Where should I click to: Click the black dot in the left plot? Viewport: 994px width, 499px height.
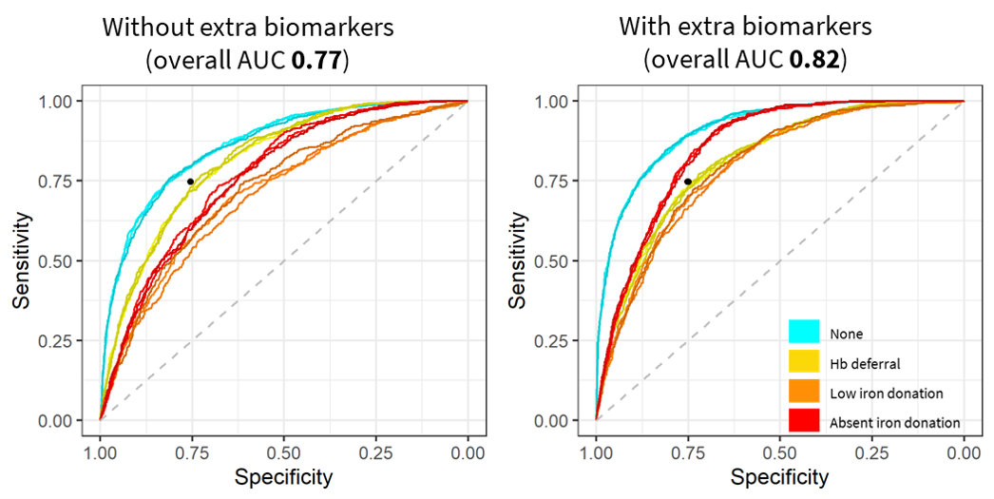pos(191,182)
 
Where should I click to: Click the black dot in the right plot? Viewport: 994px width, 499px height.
pos(687,181)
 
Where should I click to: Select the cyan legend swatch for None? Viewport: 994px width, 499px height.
pos(804,333)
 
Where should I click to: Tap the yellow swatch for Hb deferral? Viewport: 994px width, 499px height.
pos(804,362)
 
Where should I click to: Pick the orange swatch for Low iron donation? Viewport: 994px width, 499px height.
pos(804,392)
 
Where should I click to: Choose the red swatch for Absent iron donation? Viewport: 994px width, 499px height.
pos(804,421)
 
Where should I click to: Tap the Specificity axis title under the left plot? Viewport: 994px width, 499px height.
pos(283,476)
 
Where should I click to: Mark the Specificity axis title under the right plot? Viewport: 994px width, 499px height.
pos(779,476)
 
